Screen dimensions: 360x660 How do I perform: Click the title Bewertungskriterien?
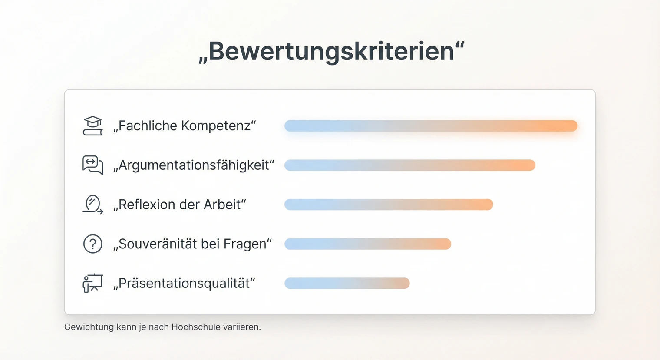point(331,51)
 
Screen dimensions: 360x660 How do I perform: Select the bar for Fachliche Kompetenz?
point(431,126)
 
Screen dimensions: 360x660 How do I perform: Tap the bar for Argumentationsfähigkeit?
point(409,165)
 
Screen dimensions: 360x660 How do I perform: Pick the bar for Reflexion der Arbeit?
point(389,205)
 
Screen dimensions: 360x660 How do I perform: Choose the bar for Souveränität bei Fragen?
point(367,244)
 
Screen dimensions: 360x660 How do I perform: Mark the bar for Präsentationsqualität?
point(346,283)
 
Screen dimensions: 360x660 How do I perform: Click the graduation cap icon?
point(92,126)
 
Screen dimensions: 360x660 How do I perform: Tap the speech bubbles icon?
point(92,165)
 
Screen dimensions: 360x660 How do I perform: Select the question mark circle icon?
point(92,244)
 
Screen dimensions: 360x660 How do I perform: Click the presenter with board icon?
point(92,283)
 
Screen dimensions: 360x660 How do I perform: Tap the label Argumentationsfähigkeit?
point(194,165)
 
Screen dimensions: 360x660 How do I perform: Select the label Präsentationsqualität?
point(184,284)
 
